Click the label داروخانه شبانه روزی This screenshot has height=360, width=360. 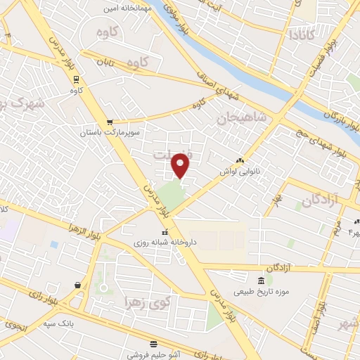coord(165,242)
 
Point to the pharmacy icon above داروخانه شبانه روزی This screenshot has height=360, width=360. coord(165,232)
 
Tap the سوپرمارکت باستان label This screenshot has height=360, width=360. coord(110,131)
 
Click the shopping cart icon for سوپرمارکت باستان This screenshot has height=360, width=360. coord(108,122)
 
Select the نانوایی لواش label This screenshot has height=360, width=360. coord(240,171)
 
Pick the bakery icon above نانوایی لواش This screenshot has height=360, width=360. coord(240,161)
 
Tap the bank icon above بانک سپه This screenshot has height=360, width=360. coord(77,285)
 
